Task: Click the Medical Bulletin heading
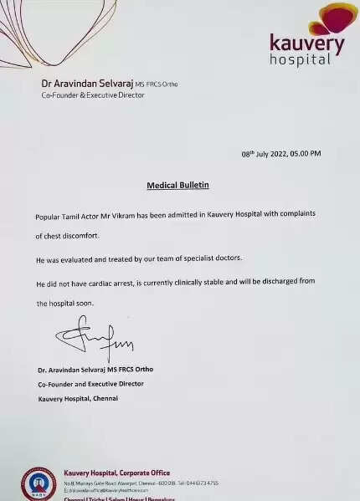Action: [x=177, y=184]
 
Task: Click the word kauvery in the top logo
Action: [x=306, y=43]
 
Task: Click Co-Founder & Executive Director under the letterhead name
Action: [x=93, y=95]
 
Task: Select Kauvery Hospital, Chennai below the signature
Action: [x=78, y=398]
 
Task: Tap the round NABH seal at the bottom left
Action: [x=39, y=483]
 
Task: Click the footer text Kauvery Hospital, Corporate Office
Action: [x=116, y=473]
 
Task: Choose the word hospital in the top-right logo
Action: [x=301, y=59]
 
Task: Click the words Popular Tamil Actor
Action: [x=67, y=215]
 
